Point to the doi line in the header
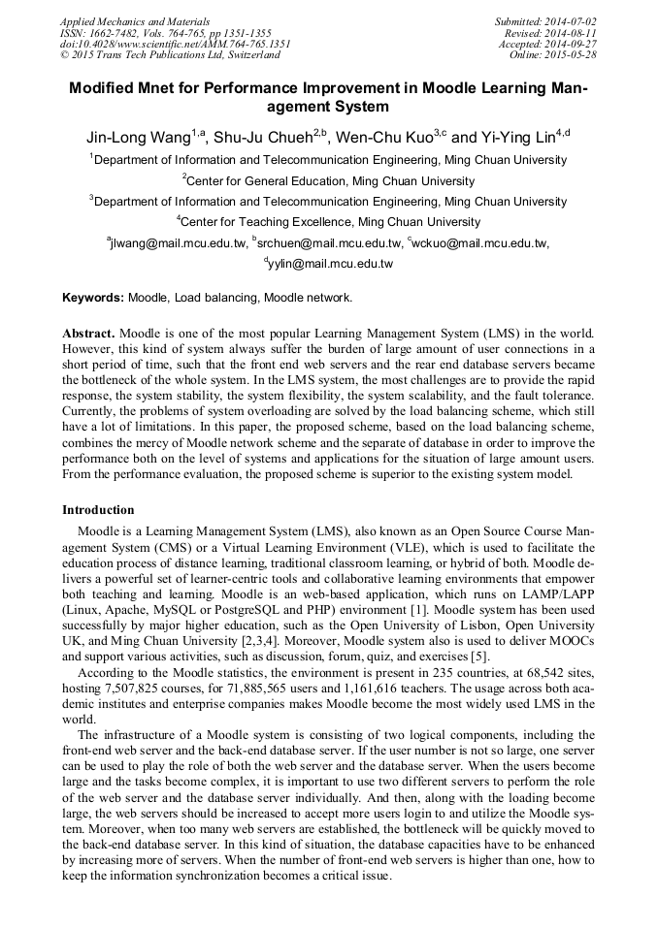point(175,44)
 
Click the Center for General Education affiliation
point(329,180)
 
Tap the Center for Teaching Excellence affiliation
point(329,222)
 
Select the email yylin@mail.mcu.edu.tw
point(329,264)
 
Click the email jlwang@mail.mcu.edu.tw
point(177,243)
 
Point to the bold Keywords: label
point(93,298)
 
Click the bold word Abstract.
point(88,333)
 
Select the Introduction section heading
point(98,510)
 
